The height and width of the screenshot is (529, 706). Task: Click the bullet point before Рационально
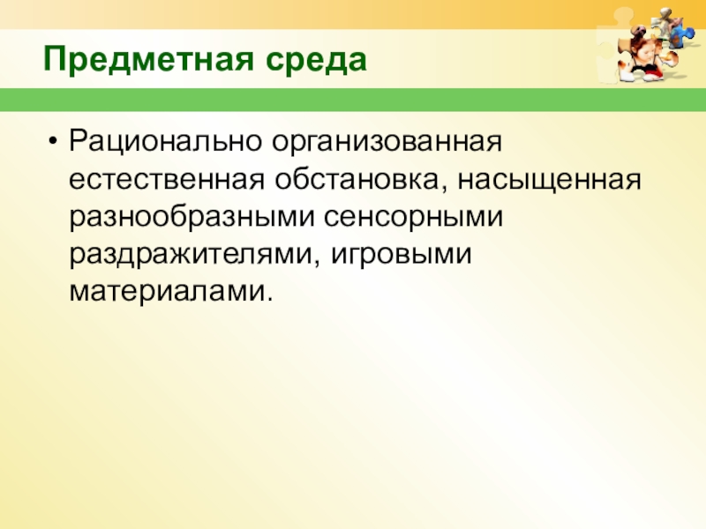[56, 141]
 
